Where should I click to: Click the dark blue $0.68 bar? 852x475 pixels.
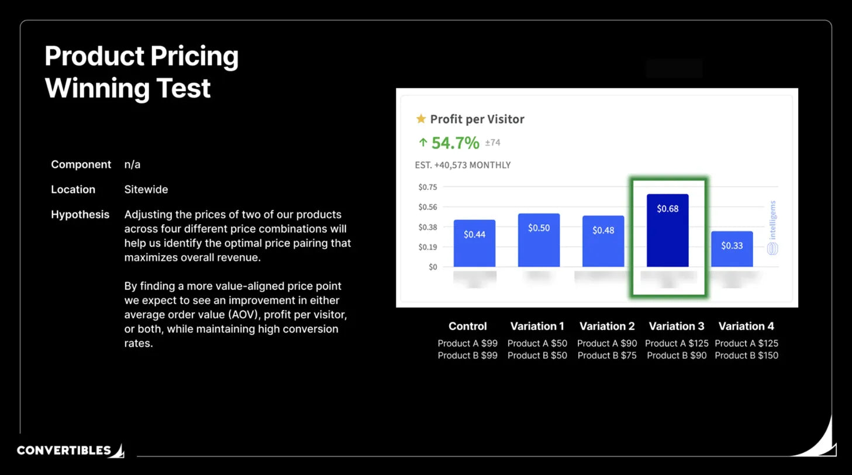pos(667,230)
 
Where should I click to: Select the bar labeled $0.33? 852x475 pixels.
pos(732,249)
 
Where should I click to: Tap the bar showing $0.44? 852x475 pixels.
pos(474,243)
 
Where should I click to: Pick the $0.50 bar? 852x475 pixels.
pos(539,240)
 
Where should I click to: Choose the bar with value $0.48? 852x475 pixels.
pos(603,241)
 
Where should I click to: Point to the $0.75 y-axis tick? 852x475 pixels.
pos(427,187)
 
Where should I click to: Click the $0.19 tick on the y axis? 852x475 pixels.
pos(427,247)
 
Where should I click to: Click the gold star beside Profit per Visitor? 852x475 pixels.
pos(421,119)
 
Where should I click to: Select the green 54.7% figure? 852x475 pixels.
pos(455,142)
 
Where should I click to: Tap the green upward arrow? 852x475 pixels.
pos(423,142)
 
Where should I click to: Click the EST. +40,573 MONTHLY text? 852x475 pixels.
pos(463,165)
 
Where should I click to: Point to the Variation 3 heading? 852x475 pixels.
pos(677,326)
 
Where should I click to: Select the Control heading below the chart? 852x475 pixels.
pos(467,326)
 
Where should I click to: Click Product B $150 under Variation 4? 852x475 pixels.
pos(747,355)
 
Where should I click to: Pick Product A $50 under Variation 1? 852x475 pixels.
pos(537,343)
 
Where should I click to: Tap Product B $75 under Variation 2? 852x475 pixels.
pos(607,355)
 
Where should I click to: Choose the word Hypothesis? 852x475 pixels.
pos(80,215)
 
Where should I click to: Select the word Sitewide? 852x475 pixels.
pos(146,190)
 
